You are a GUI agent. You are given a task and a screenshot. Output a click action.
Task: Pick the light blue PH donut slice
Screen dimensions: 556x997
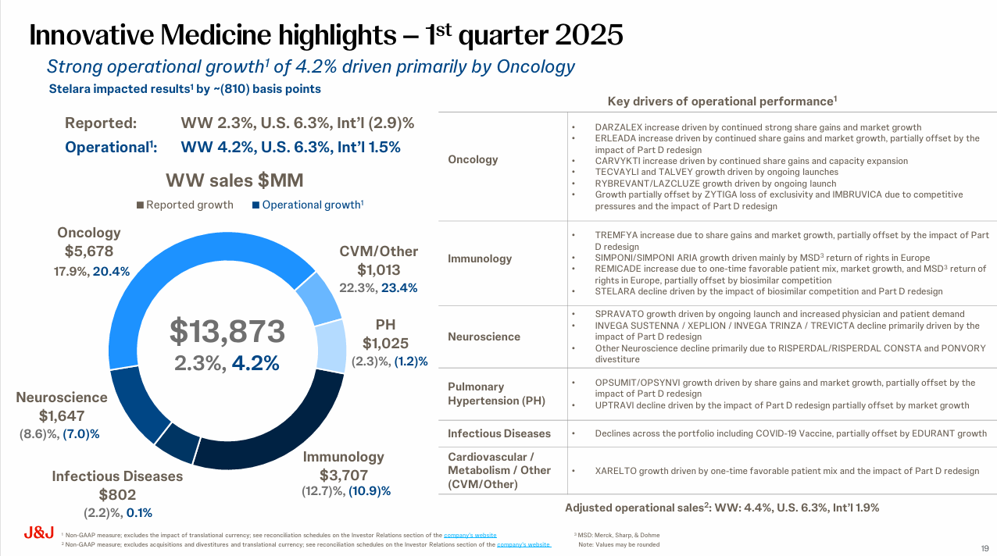(331, 346)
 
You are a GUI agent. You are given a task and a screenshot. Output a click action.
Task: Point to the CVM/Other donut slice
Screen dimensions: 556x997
(318, 298)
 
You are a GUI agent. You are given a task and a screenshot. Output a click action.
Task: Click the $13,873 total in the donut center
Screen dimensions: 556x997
(227, 332)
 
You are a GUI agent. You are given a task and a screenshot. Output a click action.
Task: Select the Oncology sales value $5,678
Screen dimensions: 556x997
(89, 251)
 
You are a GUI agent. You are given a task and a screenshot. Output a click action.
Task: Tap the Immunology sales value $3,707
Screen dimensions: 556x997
(344, 475)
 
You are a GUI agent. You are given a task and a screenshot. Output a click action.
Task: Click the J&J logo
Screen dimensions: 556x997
(38, 533)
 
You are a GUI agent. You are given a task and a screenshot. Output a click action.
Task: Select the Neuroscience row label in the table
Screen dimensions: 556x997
(484, 337)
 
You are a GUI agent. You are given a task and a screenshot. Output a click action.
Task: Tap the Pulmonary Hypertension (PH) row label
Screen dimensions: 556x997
(496, 394)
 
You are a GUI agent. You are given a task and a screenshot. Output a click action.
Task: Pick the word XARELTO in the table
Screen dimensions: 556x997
(618, 471)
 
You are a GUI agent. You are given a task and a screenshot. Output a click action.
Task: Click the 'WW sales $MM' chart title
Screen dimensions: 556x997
(234, 181)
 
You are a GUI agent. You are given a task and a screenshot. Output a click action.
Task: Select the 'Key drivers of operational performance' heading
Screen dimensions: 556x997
(722, 102)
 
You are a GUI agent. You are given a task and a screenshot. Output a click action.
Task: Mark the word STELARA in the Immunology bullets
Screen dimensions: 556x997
(617, 291)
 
